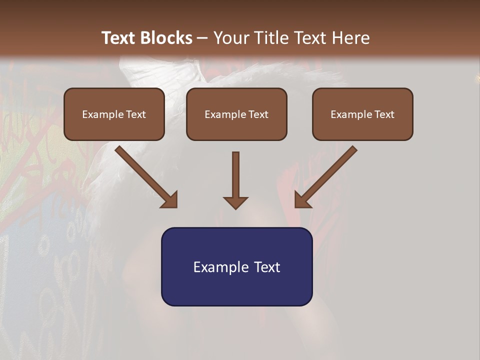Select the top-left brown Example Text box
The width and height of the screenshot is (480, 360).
coord(114,114)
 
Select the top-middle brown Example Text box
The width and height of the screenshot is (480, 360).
coord(236,114)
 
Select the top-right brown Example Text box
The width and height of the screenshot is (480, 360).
coord(362,114)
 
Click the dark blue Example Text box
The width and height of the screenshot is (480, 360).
coord(236,266)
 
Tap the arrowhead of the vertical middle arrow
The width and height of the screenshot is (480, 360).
coord(235,202)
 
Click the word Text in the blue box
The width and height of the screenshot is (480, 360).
coord(267,267)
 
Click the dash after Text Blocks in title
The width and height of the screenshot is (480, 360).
coord(202,38)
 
